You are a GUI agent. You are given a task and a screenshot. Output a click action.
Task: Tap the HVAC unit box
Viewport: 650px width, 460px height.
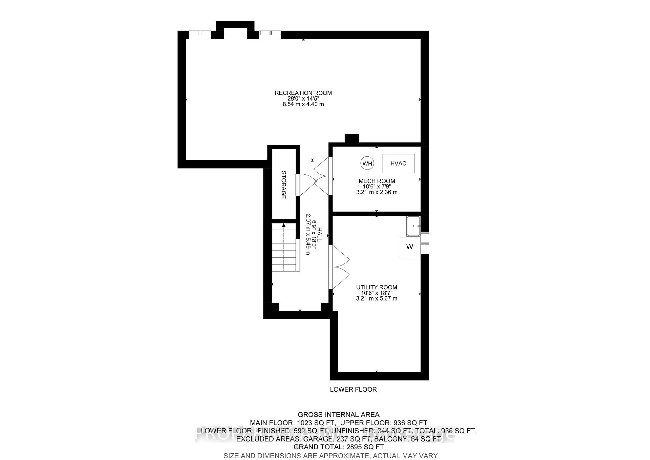coord(398,164)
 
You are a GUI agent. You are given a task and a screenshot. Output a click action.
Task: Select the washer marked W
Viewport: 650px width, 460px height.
coord(409,247)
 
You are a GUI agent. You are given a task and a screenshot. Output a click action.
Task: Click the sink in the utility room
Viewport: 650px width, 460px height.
coord(413,226)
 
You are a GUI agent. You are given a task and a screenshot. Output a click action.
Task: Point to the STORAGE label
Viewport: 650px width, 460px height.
coord(283,185)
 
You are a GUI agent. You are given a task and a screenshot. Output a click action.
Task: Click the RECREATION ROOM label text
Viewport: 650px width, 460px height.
coord(303,93)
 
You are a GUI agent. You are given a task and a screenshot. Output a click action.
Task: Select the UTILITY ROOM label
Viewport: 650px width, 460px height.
coord(376,287)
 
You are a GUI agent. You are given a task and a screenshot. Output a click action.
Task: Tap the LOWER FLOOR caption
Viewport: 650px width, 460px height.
coord(353,389)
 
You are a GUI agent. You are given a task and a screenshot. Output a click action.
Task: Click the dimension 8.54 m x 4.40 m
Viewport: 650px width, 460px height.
coord(303,104)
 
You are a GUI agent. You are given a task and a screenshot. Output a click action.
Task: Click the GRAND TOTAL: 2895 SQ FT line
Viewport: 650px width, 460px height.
coord(339,447)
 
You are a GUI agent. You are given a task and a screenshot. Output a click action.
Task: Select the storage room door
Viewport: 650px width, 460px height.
coord(298,185)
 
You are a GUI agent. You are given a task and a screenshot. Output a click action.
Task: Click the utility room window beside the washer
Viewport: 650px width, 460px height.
coord(425,243)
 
